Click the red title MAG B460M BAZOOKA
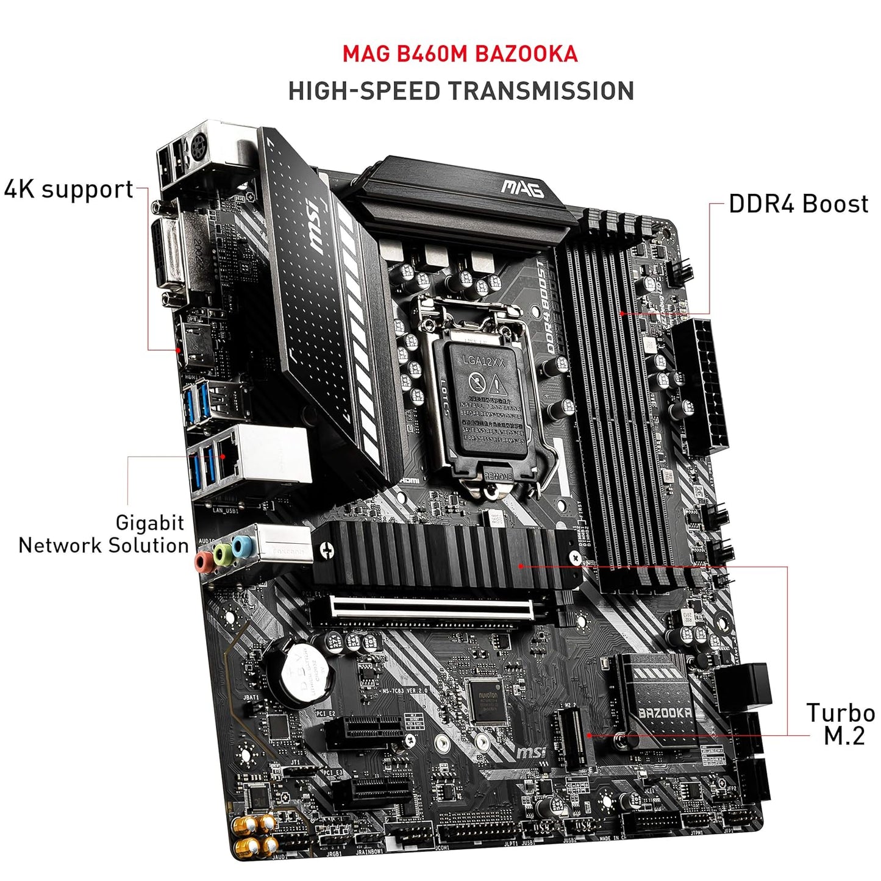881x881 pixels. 460,54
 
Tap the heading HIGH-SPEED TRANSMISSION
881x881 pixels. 461,91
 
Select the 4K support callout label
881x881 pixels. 68,190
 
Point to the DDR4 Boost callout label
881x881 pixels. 798,204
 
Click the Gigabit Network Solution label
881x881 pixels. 104,534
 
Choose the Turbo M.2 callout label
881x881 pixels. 841,724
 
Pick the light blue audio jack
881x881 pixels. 241,546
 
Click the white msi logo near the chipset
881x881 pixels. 531,752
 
